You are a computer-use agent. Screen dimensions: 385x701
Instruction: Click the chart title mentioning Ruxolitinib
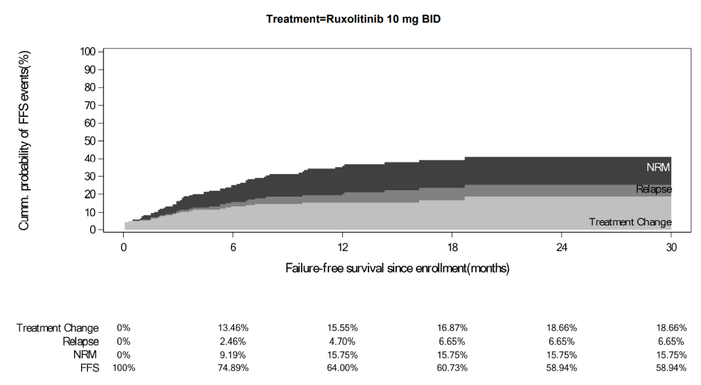(x=353, y=19)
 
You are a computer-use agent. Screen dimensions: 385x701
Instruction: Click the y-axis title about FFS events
(x=24, y=140)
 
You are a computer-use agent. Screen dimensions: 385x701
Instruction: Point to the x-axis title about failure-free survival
(x=397, y=268)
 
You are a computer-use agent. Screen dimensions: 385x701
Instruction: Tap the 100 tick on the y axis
(x=88, y=51)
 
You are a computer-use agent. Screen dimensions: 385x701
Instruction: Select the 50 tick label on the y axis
(x=89, y=141)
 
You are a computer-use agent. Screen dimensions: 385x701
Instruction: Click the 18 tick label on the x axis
(x=452, y=247)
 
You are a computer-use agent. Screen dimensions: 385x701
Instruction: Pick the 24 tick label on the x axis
(x=562, y=247)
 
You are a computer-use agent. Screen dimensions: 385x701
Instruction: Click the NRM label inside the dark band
(x=658, y=167)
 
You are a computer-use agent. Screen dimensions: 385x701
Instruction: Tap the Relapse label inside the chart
(x=654, y=189)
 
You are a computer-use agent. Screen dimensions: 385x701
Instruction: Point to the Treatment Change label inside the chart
(x=630, y=222)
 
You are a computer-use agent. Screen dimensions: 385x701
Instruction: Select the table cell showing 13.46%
(x=233, y=328)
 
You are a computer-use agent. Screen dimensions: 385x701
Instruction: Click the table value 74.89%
(x=233, y=368)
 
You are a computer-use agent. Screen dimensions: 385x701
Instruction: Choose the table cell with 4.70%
(x=342, y=341)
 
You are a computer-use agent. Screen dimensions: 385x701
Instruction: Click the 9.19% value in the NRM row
(x=233, y=355)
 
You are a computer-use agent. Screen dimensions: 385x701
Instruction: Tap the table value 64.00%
(x=342, y=368)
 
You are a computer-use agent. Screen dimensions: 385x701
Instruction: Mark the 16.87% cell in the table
(x=452, y=328)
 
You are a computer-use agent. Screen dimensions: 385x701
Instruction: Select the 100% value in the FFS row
(x=124, y=368)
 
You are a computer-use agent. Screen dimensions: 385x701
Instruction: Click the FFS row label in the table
(x=90, y=368)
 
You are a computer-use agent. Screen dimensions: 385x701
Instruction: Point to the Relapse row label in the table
(x=81, y=341)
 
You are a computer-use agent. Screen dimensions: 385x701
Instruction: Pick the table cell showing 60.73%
(x=452, y=368)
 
